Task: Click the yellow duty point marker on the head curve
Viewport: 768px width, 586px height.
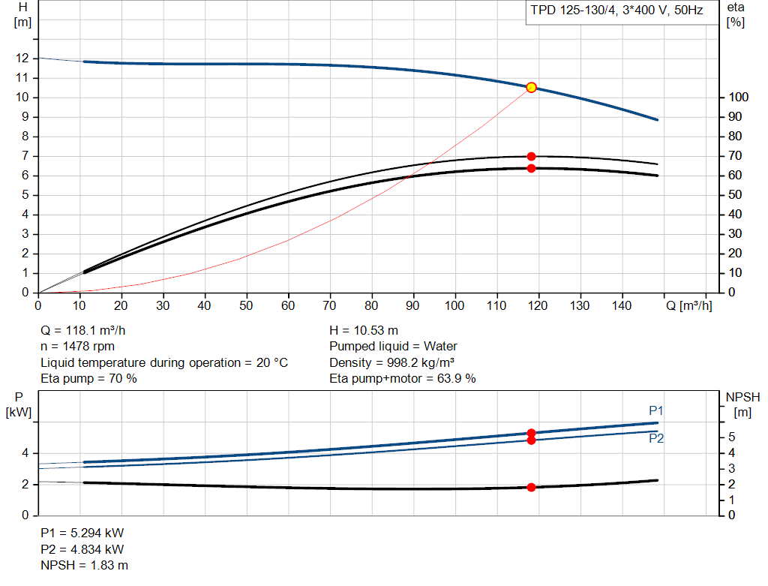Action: [531, 88]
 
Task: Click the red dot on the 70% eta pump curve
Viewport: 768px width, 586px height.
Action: [531, 157]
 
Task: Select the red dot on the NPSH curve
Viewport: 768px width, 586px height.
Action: [531, 487]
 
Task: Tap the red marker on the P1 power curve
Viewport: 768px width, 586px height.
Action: [531, 433]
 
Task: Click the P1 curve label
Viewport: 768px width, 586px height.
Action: [655, 410]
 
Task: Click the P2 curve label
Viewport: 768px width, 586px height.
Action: [655, 438]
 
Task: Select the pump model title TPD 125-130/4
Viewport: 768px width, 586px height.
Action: [574, 11]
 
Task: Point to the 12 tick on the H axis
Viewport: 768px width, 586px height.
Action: [22, 59]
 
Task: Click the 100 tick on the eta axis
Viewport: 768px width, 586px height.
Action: [738, 97]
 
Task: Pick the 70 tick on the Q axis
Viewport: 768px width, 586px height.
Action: [329, 305]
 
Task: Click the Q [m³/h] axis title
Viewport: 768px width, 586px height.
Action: [688, 305]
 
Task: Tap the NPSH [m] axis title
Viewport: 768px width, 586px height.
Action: [742, 404]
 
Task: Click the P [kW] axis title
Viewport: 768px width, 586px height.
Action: [19, 404]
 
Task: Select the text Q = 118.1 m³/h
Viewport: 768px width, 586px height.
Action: [82, 331]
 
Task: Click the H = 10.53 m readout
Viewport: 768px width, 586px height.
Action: [364, 331]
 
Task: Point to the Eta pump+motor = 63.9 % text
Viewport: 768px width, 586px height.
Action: [403, 379]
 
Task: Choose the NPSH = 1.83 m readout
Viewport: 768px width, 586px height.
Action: [84, 566]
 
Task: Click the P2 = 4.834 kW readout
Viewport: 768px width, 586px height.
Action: [82, 549]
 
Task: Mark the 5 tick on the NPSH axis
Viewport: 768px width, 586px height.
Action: [731, 437]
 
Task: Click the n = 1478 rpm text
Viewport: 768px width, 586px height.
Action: [77, 347]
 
